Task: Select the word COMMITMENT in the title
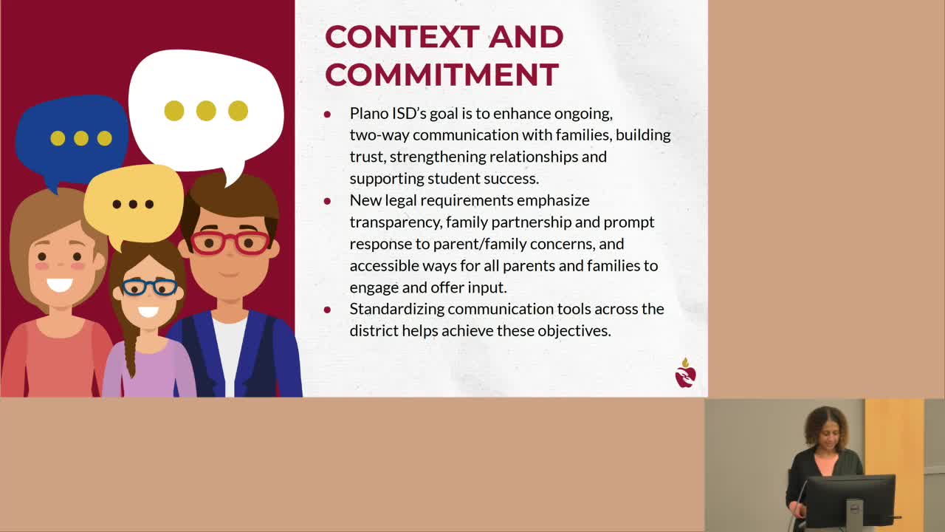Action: click(x=441, y=75)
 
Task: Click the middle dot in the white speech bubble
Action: click(x=206, y=111)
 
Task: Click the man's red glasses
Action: click(x=230, y=242)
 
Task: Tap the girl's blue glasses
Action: click(x=149, y=287)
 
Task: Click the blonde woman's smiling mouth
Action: click(x=59, y=284)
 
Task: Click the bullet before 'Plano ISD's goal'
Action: click(x=327, y=115)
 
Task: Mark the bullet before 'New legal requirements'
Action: click(x=327, y=201)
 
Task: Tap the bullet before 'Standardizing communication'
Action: click(x=327, y=310)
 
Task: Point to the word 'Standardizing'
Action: click(x=396, y=309)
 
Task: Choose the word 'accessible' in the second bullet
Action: click(x=382, y=265)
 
